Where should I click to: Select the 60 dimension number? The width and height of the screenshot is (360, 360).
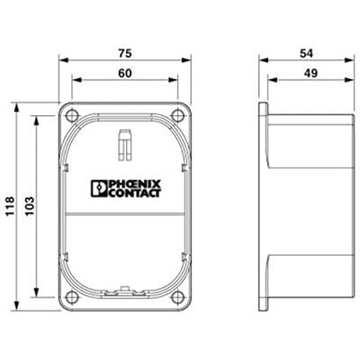point(126,71)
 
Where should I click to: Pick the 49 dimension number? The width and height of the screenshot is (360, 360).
point(309,71)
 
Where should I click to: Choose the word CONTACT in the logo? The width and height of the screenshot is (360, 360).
point(132,192)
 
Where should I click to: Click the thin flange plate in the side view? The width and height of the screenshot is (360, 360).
point(264,204)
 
